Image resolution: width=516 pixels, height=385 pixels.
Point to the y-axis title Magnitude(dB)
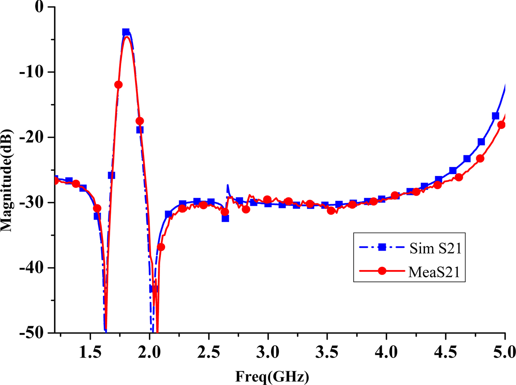7,180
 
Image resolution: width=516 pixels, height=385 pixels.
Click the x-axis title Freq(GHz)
272,377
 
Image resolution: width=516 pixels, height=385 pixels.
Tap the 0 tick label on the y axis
39,7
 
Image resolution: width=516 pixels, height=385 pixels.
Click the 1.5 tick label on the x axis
90,352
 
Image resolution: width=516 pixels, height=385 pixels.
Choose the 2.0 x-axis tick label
150,352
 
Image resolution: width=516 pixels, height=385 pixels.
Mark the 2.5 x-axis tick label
209,352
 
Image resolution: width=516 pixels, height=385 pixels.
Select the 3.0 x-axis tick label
268,352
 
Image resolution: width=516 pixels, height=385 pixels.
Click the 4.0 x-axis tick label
386,352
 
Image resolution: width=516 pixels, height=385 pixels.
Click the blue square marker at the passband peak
126,32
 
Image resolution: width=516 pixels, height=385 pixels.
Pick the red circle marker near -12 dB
118,85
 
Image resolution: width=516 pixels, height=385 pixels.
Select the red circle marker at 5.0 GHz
501,125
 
